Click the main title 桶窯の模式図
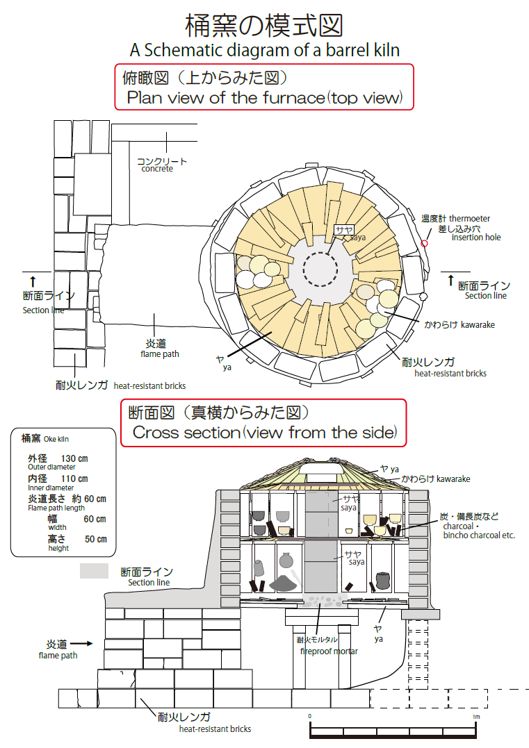tap(264, 25)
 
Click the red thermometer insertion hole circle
tap(424, 243)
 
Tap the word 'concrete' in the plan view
tap(157, 169)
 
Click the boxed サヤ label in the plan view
tap(344, 230)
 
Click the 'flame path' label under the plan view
tap(160, 354)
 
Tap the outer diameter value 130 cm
tap(74, 458)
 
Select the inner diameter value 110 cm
tap(74, 479)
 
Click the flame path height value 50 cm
tap(96, 539)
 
